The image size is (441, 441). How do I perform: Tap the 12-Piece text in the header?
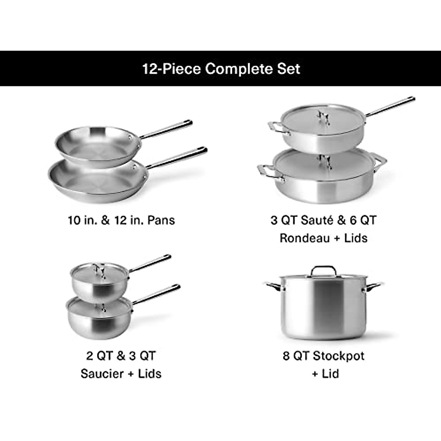pos(172,69)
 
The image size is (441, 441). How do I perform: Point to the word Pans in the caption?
pos(161,220)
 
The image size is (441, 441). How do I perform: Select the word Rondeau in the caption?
pos(305,238)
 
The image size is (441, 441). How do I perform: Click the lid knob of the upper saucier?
pos(98,269)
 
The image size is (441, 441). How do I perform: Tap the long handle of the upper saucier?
pos(151,263)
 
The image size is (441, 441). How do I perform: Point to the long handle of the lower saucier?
pos(158,294)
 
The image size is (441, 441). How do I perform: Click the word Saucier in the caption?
pos(102,373)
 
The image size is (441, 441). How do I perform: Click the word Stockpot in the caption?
pos(338,356)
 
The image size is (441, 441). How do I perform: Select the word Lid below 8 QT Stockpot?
pos(330,373)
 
